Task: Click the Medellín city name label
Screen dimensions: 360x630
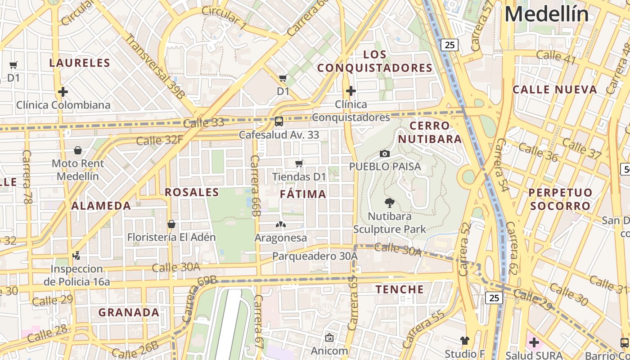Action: pos(546,14)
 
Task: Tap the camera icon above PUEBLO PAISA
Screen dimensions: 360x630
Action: pos(384,153)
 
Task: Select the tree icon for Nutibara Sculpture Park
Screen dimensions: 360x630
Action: pos(390,202)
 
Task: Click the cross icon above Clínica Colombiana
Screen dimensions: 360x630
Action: pos(63,92)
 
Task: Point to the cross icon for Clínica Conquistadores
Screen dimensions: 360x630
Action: pos(351,91)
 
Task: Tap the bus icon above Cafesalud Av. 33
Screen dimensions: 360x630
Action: pos(279,121)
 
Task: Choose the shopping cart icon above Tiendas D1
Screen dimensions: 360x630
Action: pos(299,163)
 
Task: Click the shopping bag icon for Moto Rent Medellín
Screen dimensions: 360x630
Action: pos(78,150)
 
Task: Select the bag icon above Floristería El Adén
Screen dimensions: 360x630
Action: pos(171,224)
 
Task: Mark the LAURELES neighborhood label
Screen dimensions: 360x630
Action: pos(80,63)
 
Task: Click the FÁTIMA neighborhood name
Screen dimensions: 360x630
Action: pos(303,194)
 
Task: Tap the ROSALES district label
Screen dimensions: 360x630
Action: pos(192,193)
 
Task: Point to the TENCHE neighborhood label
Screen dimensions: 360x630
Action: pos(400,289)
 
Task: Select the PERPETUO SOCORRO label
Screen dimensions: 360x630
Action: pos(560,199)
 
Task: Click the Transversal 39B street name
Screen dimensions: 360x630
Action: pos(154,66)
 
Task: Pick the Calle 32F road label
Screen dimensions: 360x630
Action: pos(159,140)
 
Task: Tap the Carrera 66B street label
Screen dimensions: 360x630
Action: pos(255,185)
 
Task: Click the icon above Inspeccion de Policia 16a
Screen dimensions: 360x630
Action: pos(76,256)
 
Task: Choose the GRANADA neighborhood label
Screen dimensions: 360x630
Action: pos(129,312)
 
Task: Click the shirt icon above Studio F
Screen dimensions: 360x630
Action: pos(464,340)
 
